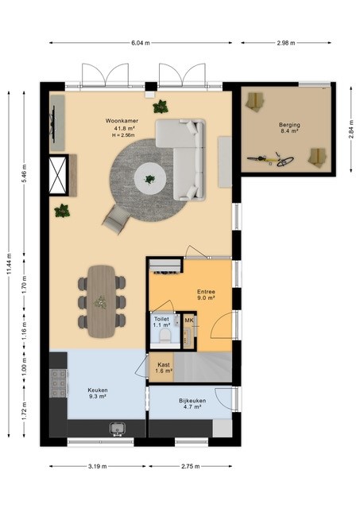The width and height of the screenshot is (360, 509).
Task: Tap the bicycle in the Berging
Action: (270, 161)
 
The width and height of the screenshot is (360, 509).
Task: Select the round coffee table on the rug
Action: (149, 177)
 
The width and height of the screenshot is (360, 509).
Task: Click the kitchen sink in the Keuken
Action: (118, 429)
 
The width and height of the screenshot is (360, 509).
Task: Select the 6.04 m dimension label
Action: (140, 43)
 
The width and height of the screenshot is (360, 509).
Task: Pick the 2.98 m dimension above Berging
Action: (288, 43)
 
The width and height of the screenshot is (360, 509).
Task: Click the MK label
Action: (188, 320)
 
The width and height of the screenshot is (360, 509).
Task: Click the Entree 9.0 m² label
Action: (207, 295)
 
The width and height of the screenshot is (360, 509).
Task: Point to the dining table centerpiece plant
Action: (101, 301)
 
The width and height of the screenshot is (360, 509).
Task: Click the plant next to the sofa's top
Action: (161, 107)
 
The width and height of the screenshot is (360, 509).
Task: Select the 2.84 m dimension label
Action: (350, 128)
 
